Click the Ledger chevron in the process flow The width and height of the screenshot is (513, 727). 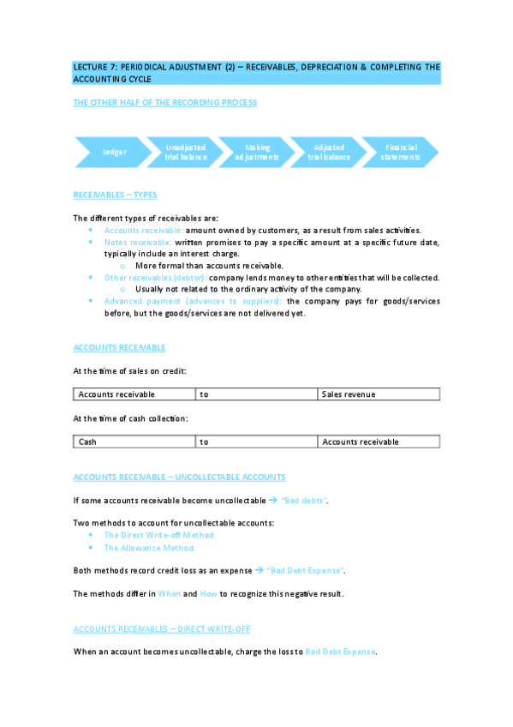(x=115, y=152)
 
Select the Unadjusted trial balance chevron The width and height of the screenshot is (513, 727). (x=186, y=152)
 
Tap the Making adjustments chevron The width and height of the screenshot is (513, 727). (x=257, y=152)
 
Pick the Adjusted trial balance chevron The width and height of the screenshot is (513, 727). (x=329, y=152)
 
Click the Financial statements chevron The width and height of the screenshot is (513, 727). (x=400, y=152)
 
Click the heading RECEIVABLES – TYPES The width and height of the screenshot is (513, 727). (x=115, y=195)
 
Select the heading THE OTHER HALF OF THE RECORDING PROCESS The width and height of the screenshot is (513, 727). (x=164, y=102)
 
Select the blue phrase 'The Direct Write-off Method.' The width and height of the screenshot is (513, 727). (x=160, y=535)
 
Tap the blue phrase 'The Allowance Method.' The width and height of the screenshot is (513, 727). (x=150, y=548)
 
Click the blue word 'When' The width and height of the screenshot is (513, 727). (x=168, y=593)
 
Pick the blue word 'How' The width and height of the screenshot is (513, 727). (x=208, y=593)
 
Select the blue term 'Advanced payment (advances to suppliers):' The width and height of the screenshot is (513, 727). (x=194, y=301)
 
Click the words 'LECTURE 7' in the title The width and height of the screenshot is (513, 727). (x=95, y=67)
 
